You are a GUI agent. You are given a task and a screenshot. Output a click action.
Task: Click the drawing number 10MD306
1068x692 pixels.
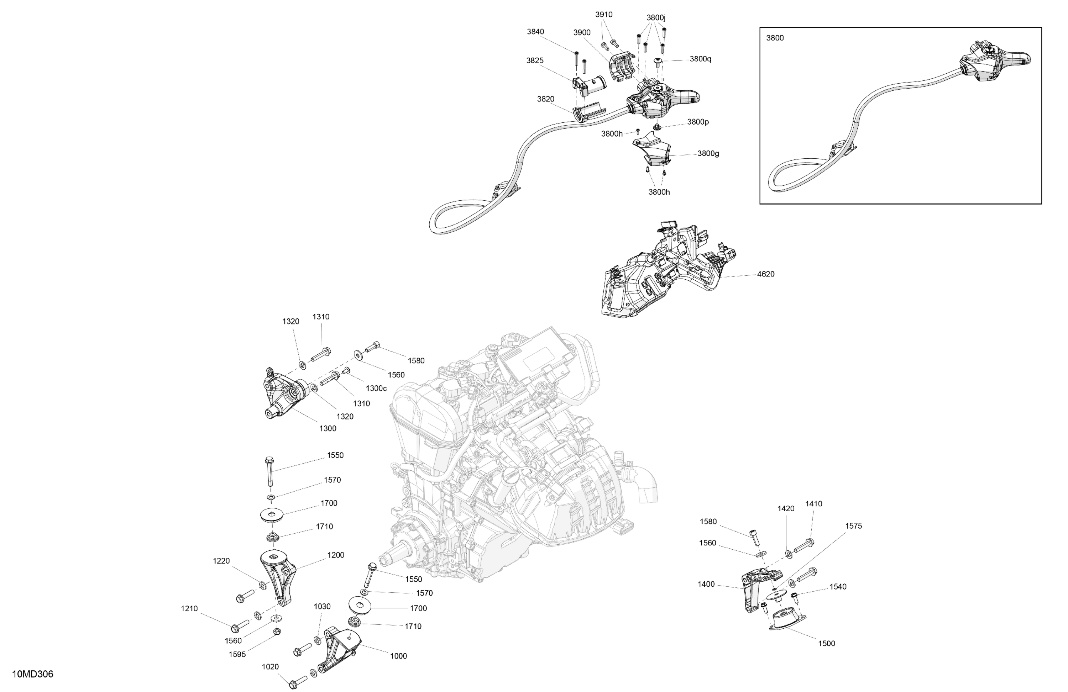pyautogui.click(x=33, y=675)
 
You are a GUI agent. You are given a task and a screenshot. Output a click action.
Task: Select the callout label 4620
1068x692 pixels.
pyautogui.click(x=765, y=274)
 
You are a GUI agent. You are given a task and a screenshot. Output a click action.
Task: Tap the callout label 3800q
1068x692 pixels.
pyautogui.click(x=701, y=59)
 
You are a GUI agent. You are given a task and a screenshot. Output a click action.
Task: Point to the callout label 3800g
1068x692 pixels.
pyautogui.click(x=708, y=153)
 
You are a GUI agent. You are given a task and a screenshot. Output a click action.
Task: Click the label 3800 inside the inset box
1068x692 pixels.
pyautogui.click(x=775, y=38)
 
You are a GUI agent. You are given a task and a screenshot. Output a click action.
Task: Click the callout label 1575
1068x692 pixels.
pyautogui.click(x=853, y=526)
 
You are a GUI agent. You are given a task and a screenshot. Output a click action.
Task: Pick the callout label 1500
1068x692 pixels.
pyautogui.click(x=827, y=644)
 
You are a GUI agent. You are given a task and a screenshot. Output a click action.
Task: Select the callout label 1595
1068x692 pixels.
pyautogui.click(x=237, y=654)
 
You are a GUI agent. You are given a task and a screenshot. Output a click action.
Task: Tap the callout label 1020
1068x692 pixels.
pyautogui.click(x=271, y=667)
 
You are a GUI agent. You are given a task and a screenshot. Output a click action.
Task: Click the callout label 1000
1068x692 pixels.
pyautogui.click(x=398, y=656)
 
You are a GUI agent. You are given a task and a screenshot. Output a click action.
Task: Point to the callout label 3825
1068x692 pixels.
pyautogui.click(x=535, y=60)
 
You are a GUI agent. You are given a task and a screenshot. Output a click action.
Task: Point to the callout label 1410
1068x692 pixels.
pyautogui.click(x=813, y=504)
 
